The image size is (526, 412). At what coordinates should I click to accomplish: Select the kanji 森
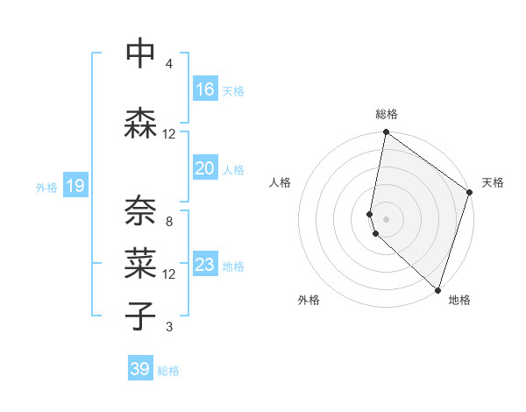coord(141,124)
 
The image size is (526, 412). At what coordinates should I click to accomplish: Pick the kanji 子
coord(141,316)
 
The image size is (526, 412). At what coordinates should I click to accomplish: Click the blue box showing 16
coord(205,89)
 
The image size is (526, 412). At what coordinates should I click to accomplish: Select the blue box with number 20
coord(205,168)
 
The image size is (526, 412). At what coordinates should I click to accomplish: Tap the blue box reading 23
coord(205,265)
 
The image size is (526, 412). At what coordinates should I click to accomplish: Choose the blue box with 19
coord(75,186)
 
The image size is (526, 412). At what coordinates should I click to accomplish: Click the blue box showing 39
coord(140,369)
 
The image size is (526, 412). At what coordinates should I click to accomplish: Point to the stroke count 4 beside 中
coord(169,64)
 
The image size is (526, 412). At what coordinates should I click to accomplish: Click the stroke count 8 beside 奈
coord(169,222)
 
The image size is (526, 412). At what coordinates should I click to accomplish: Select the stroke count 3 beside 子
coord(169,328)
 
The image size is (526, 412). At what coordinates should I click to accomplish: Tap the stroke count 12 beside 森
coord(169,134)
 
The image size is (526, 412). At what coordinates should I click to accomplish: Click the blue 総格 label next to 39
coord(168,371)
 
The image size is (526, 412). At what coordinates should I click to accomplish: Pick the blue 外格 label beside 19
coord(46,187)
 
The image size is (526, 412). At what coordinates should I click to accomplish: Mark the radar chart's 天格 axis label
coord(493,182)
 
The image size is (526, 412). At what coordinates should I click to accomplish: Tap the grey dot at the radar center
coord(386,218)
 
